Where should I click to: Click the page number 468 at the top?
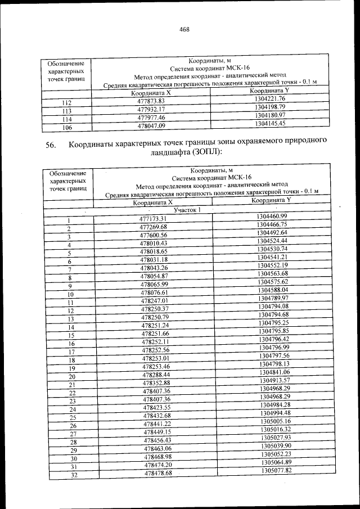(184, 30)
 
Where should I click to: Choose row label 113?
(67, 111)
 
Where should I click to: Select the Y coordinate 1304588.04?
(272, 290)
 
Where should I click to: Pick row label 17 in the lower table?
(71, 352)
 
